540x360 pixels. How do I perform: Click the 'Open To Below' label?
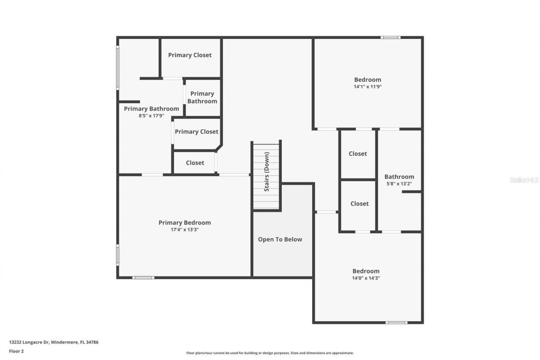(x=280, y=239)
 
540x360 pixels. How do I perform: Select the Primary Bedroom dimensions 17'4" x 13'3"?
(x=184, y=230)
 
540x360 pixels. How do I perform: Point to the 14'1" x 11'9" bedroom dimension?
(x=367, y=87)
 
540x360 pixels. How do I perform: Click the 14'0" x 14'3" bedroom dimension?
(x=366, y=278)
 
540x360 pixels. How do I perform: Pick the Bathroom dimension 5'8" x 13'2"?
(x=399, y=184)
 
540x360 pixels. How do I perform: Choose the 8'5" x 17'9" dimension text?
(x=151, y=116)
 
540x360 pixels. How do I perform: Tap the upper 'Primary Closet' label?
(x=190, y=55)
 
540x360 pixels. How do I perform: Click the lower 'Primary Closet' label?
(x=197, y=132)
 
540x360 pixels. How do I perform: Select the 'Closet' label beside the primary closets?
(x=195, y=162)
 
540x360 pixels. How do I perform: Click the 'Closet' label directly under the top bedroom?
(x=358, y=154)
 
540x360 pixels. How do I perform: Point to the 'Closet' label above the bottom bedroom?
(x=359, y=203)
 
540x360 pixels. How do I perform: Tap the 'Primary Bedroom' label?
(x=184, y=222)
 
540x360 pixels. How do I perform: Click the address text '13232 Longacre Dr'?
(x=29, y=342)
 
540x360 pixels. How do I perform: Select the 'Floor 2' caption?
(x=16, y=351)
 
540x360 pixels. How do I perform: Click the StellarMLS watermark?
(x=524, y=180)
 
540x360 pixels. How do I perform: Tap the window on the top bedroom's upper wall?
(x=390, y=38)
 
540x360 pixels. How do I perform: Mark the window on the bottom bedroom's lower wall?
(x=396, y=323)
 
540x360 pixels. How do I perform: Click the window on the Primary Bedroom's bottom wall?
(x=143, y=278)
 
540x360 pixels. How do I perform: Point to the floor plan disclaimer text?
(x=270, y=353)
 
